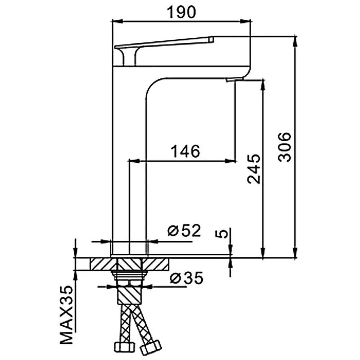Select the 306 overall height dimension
[285, 147]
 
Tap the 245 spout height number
[254, 169]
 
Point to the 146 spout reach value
[185, 151]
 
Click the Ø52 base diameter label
[184, 230]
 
